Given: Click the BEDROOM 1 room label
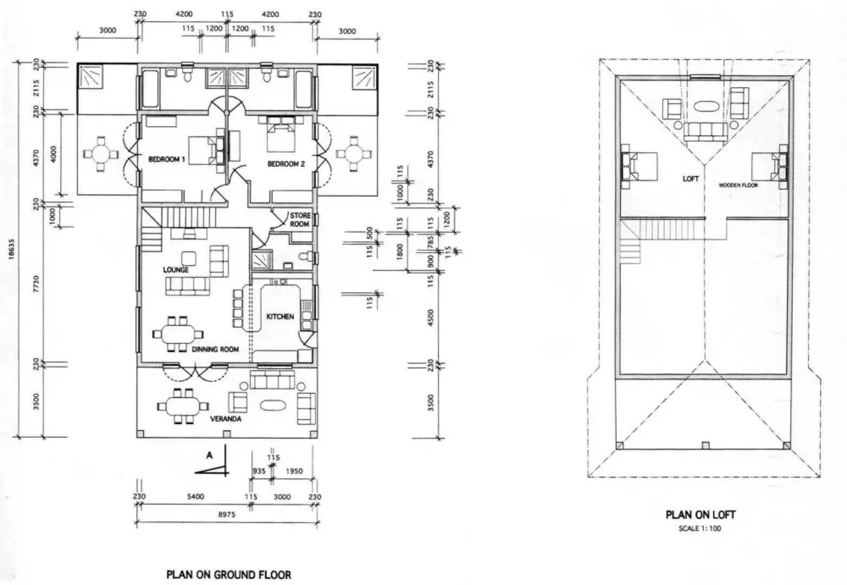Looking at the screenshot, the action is click(166, 159).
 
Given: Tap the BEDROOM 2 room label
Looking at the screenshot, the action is click(286, 164).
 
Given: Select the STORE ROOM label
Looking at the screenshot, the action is click(300, 219).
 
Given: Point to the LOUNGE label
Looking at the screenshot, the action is click(176, 270).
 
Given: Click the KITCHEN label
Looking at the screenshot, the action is click(280, 316).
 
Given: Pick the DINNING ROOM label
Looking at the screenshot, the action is click(215, 349).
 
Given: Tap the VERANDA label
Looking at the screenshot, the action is click(226, 419).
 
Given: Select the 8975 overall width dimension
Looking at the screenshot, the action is click(227, 515).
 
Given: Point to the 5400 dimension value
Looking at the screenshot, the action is click(196, 496).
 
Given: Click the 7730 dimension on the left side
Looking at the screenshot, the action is click(36, 283).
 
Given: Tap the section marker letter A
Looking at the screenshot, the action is click(209, 456).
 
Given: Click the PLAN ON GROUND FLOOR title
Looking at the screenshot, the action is click(229, 575).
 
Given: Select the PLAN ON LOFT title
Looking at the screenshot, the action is click(700, 515).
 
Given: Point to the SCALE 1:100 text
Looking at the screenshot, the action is click(700, 528).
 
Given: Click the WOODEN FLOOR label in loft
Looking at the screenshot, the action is click(738, 185).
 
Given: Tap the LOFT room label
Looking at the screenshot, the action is click(691, 178).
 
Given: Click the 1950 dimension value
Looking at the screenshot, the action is click(294, 471).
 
